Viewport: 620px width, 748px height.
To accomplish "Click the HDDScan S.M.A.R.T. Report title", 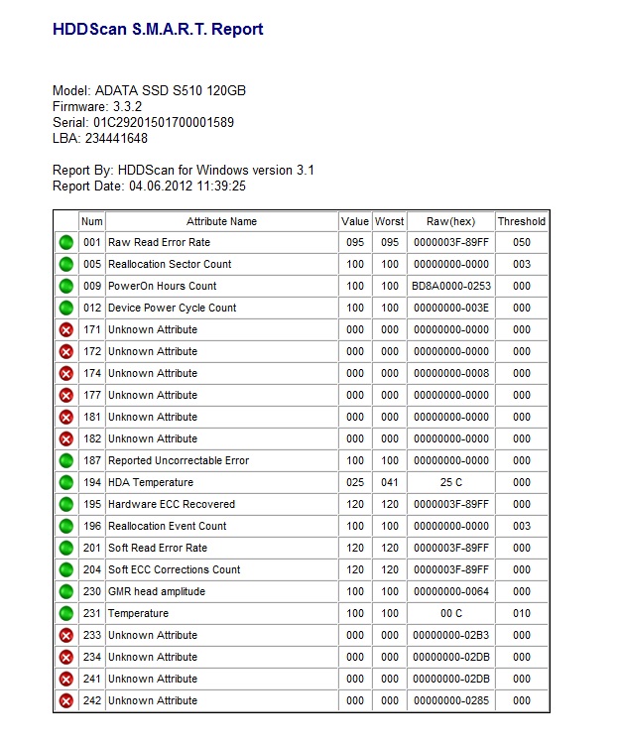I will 158,30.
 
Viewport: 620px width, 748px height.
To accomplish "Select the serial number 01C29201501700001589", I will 164,123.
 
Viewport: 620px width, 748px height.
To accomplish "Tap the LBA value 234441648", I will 116,139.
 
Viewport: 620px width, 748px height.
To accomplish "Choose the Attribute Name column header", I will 221,221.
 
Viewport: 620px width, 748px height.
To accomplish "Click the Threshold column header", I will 522,221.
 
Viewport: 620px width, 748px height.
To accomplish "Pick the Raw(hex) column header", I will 451,221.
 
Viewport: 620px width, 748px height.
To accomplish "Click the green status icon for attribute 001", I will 66,242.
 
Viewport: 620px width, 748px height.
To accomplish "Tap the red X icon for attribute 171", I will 66,329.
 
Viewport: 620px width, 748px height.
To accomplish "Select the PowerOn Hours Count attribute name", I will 162,286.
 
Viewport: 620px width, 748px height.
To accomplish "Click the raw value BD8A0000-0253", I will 451,286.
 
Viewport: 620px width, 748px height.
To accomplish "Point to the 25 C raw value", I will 451,482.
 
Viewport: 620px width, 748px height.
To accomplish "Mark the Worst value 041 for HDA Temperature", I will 390,482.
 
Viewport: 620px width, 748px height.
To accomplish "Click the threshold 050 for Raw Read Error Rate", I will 522,242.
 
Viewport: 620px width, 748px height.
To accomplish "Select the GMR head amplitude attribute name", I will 157,591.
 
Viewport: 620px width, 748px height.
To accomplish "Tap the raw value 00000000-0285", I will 451,700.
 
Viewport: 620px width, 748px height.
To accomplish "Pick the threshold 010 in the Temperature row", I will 522,613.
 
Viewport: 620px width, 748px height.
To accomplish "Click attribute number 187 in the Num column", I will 91,460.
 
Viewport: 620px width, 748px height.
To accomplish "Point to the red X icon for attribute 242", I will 66,700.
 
